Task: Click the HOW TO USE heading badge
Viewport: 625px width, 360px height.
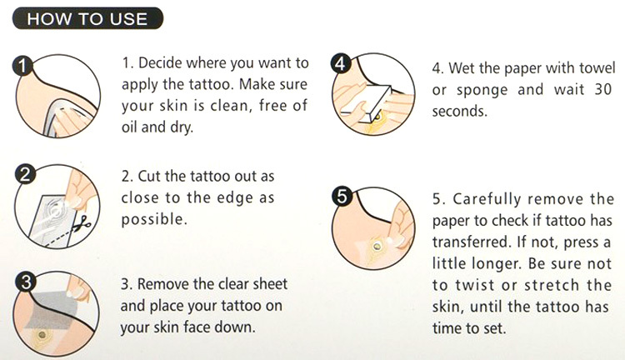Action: (x=87, y=18)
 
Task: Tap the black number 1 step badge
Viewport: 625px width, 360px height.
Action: (x=22, y=66)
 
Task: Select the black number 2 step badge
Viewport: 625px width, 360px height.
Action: (x=25, y=175)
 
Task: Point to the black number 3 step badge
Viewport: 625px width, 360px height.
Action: (x=26, y=282)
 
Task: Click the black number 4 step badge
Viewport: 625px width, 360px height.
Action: (x=340, y=64)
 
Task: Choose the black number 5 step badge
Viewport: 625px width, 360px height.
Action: (x=342, y=197)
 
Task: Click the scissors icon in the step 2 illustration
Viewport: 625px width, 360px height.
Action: (x=82, y=223)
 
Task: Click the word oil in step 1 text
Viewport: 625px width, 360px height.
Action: (x=129, y=127)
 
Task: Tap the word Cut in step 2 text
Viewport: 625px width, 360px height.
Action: (x=149, y=176)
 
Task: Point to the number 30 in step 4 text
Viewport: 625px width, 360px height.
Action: (x=603, y=89)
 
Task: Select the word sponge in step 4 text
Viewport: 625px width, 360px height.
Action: (x=482, y=91)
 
